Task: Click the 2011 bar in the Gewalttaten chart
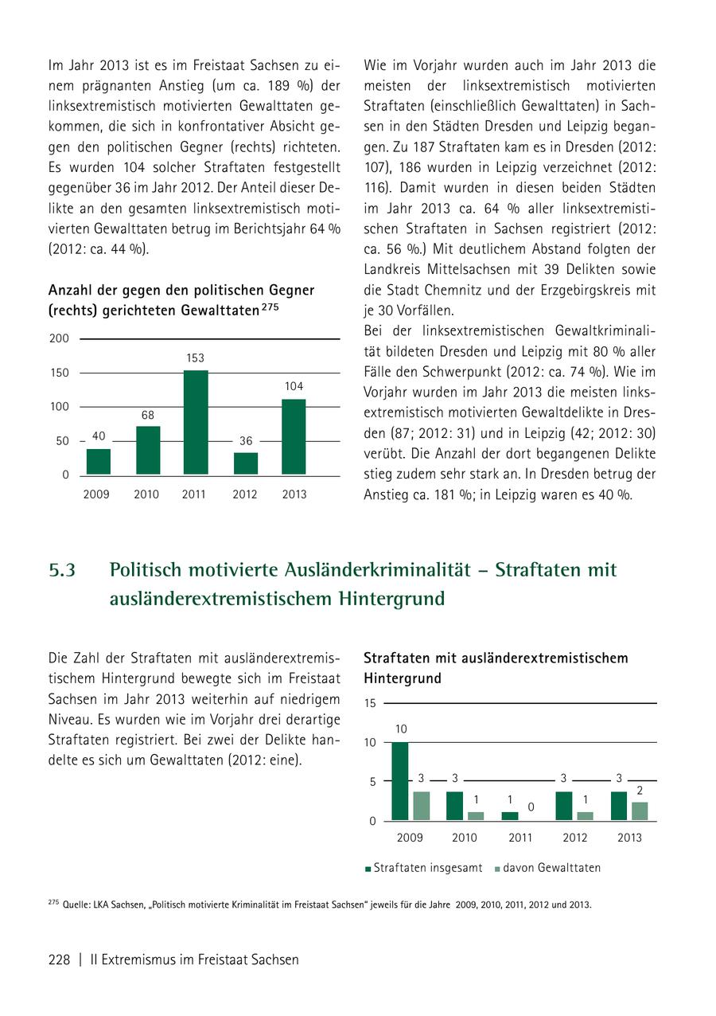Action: (x=196, y=422)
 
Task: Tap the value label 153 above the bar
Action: (x=195, y=359)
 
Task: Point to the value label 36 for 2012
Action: (x=245, y=440)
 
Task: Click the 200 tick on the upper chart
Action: (x=59, y=339)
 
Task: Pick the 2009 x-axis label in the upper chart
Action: (x=96, y=494)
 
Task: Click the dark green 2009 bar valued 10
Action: (x=400, y=781)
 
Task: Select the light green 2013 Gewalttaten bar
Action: (x=640, y=811)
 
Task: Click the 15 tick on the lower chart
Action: (x=370, y=704)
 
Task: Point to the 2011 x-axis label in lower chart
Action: (x=520, y=838)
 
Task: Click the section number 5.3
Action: (x=62, y=570)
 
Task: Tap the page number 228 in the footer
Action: (x=60, y=959)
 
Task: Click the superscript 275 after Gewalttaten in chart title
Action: (x=270, y=305)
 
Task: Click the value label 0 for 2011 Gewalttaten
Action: (x=531, y=807)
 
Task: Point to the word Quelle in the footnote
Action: (x=76, y=905)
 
